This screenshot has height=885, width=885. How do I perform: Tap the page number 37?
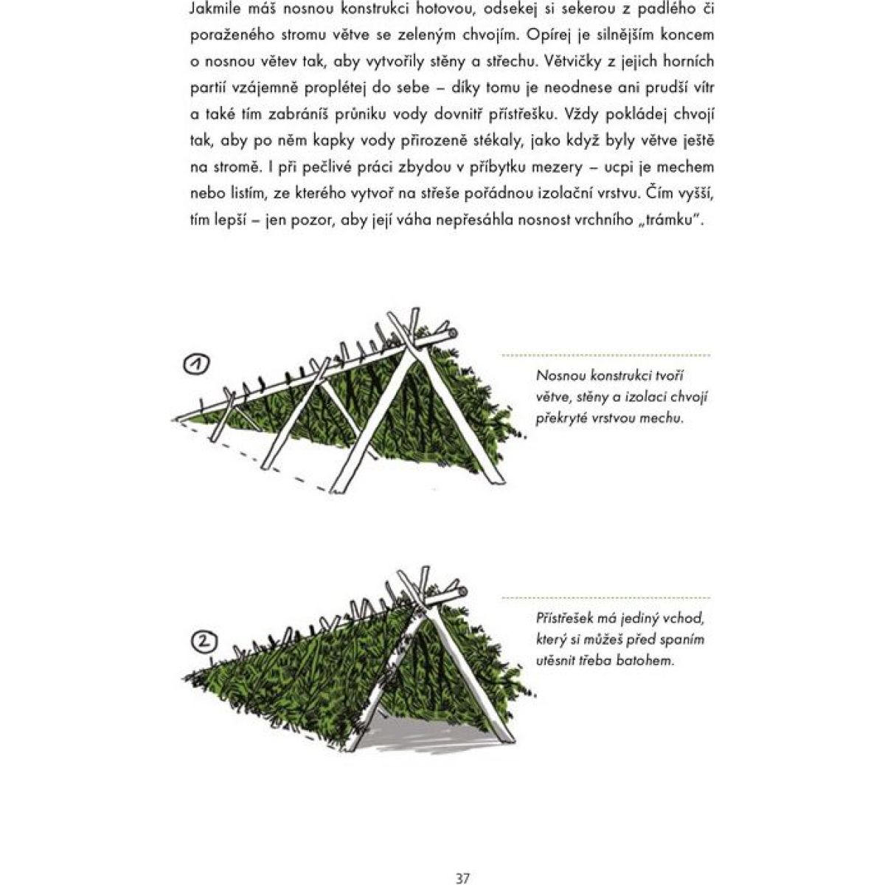coord(462,858)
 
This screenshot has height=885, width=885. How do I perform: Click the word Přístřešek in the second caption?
coord(569,618)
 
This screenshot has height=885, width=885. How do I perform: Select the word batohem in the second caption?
coord(649,660)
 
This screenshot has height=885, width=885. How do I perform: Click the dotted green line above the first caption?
coord(605,355)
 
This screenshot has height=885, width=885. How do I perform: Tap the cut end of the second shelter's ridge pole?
coord(462,592)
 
